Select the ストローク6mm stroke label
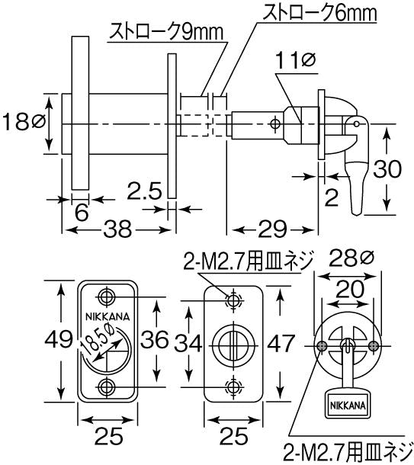[319, 13]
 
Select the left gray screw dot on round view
[323, 345]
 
